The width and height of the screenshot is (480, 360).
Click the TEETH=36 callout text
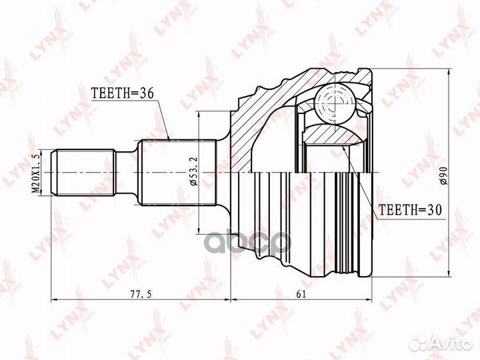click(123, 93)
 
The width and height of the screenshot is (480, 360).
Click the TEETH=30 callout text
click(411, 210)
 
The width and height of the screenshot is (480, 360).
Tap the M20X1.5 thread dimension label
click(37, 173)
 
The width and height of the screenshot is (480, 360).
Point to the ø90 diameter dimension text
click(444, 176)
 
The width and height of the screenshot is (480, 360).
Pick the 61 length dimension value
click(301, 294)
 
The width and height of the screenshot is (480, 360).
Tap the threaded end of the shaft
click(83, 173)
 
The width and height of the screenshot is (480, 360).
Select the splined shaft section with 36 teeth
click(177, 173)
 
